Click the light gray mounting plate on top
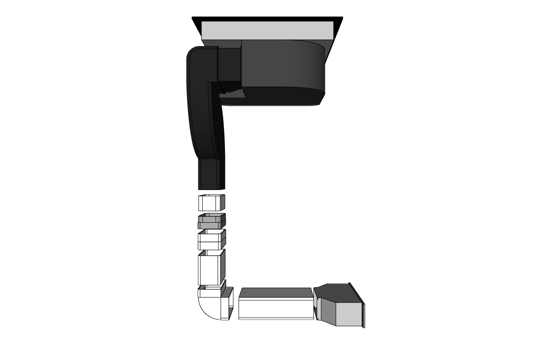[x=267, y=31]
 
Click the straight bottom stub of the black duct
[x=211, y=174]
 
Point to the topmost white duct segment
[x=211, y=203]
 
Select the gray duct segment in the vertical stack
[x=211, y=221]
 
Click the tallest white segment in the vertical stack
[x=211, y=269]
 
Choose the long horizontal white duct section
[x=276, y=309]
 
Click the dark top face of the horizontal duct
[x=276, y=292]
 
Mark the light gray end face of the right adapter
[x=349, y=314]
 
